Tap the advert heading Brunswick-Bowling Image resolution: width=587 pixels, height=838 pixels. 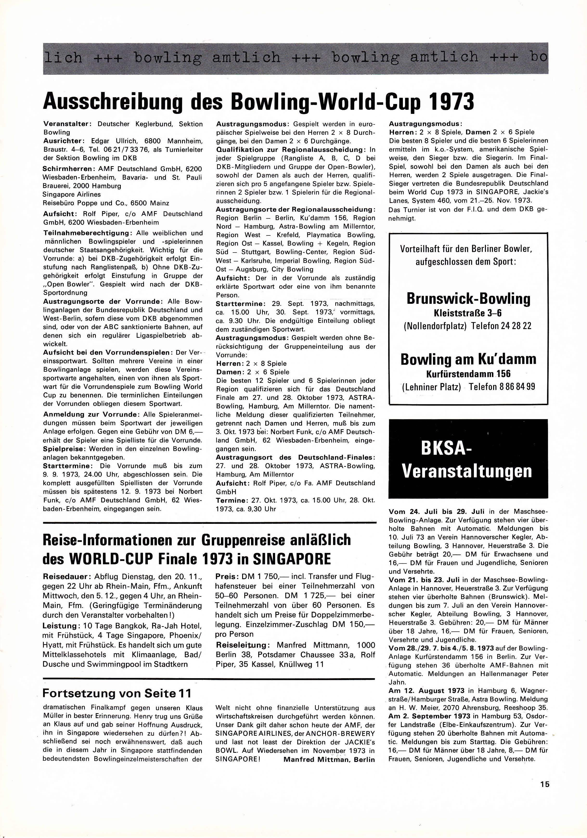tap(468, 299)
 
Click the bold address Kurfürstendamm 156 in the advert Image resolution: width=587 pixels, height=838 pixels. tap(468, 374)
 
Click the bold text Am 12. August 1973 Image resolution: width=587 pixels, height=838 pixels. tap(426, 690)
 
